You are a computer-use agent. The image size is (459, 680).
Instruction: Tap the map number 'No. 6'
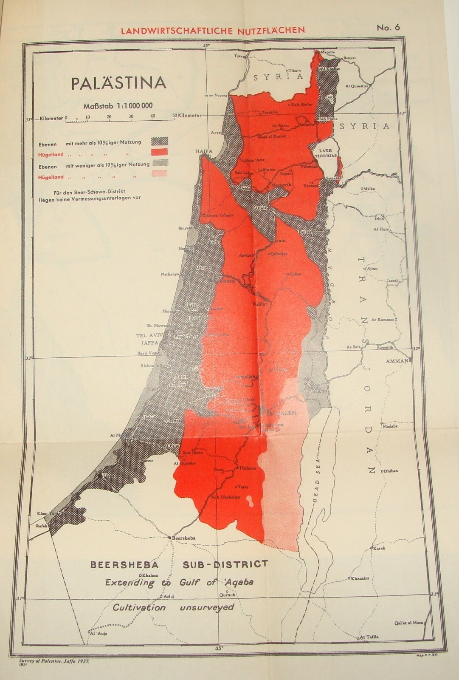click(388, 28)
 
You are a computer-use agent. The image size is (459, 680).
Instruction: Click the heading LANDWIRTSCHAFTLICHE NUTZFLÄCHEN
click(213, 30)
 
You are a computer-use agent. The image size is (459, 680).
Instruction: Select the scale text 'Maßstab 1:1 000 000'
click(118, 106)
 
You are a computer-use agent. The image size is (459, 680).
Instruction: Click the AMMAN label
click(397, 360)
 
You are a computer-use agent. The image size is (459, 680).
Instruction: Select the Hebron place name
click(249, 468)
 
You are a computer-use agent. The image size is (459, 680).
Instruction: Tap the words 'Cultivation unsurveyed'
click(173, 607)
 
